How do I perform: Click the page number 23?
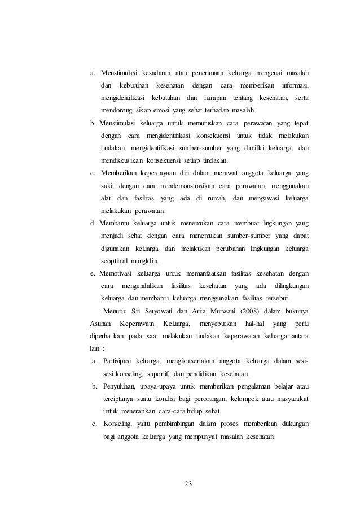tap(181, 484)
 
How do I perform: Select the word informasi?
tap(298, 85)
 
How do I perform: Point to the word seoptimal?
tap(115, 261)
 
